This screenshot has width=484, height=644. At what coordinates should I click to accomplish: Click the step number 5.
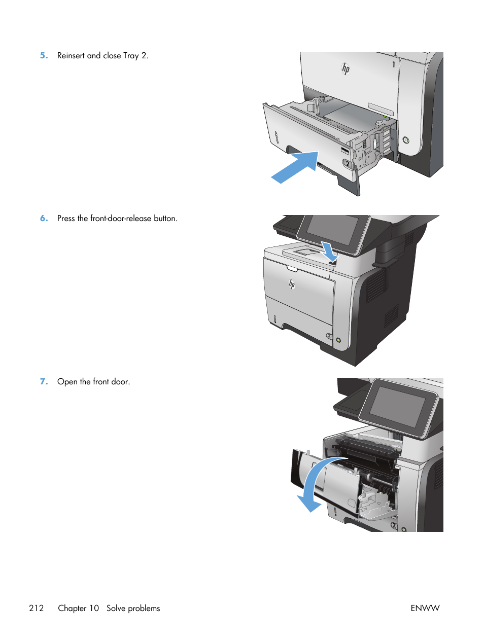(44, 56)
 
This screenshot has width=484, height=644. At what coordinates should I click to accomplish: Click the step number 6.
(44, 219)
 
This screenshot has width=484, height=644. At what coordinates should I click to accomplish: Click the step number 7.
(44, 382)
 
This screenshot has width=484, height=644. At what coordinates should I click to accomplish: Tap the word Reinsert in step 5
(71, 56)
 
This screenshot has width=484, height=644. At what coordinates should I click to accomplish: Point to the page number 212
(37, 608)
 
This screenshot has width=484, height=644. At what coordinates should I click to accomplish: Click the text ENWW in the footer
(425, 608)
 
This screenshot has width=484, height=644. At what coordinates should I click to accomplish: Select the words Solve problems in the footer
(133, 608)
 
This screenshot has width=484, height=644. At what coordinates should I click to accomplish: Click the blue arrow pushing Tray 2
(296, 167)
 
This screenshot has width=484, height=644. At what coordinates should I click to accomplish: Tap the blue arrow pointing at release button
(329, 251)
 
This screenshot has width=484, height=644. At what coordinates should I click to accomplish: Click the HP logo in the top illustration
(345, 68)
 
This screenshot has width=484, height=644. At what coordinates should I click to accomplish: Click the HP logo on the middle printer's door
(292, 284)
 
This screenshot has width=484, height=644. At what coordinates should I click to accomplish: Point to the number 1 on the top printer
(393, 64)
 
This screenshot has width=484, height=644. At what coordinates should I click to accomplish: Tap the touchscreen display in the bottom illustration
(398, 406)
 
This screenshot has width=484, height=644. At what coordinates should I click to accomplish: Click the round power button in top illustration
(405, 140)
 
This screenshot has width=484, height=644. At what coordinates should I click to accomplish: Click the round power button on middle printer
(338, 340)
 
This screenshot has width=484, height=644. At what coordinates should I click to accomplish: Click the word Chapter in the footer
(78, 608)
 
